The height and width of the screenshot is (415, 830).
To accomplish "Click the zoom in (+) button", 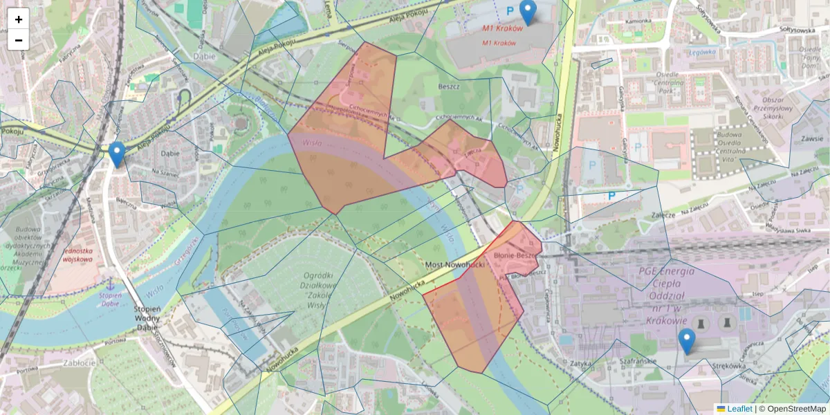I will pos(19,19).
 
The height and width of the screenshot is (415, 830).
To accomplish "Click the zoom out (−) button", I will pos(19,40).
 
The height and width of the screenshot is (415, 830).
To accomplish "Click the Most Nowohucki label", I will pos(453,266).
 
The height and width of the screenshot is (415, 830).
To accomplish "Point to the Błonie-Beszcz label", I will pos(517,255).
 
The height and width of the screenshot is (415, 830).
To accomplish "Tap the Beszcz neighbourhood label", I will pos(449,87).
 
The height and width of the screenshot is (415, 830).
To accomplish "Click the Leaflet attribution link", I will pos(739,409).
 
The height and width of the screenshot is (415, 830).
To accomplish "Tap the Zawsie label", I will pos(810,138).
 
